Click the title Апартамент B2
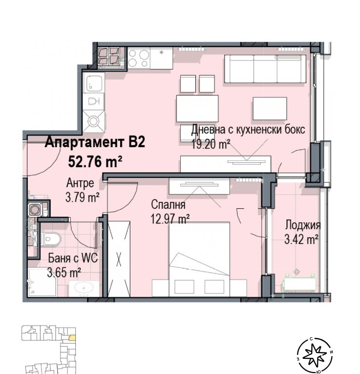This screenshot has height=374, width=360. pos(95,143)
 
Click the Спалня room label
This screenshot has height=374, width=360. pos(168,206)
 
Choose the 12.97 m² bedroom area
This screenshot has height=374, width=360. pos(170,220)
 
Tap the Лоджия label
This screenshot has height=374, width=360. pos(302,225)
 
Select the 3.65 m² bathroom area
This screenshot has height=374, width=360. pos(64,272)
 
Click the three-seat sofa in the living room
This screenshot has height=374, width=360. pos(265,68)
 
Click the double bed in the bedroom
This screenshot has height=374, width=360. pos(199,259)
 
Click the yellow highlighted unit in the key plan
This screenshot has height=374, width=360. pos(72,337)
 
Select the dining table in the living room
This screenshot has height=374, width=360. pos(197,107)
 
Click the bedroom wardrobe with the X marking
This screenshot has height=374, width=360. pos(119,259)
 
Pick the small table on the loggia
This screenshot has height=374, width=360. pos(298,283)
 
